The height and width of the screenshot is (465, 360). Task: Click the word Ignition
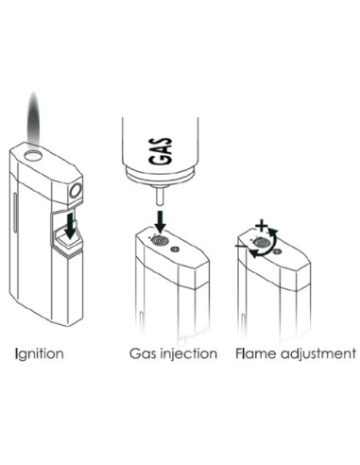tap(40, 353)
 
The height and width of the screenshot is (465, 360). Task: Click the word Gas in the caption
tap(143, 353)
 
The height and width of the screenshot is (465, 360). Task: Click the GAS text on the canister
tap(161, 150)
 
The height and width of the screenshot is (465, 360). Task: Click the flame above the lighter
tap(34, 120)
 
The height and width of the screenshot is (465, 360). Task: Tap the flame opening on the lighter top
tap(34, 155)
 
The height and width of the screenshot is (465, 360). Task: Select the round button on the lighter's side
tap(76, 191)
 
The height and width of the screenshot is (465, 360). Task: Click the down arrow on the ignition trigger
tap(71, 225)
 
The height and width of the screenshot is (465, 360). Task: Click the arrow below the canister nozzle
tap(161, 222)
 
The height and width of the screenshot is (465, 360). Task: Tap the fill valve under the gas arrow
tap(160, 241)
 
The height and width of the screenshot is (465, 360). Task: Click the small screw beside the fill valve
tap(174, 250)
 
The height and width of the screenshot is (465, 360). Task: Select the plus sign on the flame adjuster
tap(262, 225)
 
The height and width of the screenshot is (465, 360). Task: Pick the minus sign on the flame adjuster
tap(241, 246)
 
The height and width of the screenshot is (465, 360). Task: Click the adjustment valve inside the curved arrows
tap(262, 243)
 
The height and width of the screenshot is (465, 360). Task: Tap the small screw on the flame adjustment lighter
tap(277, 251)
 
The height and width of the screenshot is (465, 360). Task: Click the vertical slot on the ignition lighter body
tap(15, 213)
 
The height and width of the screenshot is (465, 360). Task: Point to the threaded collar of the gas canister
tap(161, 177)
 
